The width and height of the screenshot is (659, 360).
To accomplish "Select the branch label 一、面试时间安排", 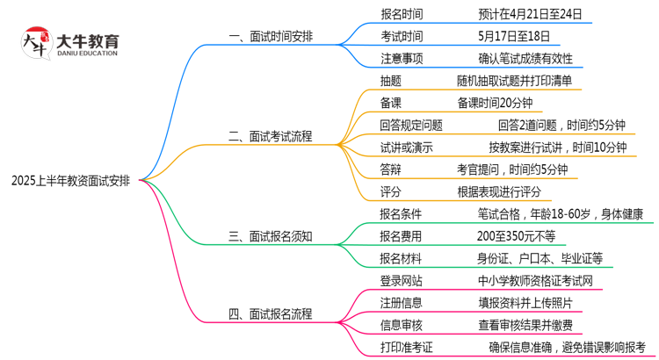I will [270, 37].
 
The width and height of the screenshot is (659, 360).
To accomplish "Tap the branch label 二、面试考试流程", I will [270, 136].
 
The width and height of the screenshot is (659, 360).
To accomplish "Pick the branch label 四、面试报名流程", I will [270, 313].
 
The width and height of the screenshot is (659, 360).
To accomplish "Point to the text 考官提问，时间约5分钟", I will [512, 169].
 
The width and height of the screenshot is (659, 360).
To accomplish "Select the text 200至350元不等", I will [517, 235].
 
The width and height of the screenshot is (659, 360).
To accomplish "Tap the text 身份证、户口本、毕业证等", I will [540, 258].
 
